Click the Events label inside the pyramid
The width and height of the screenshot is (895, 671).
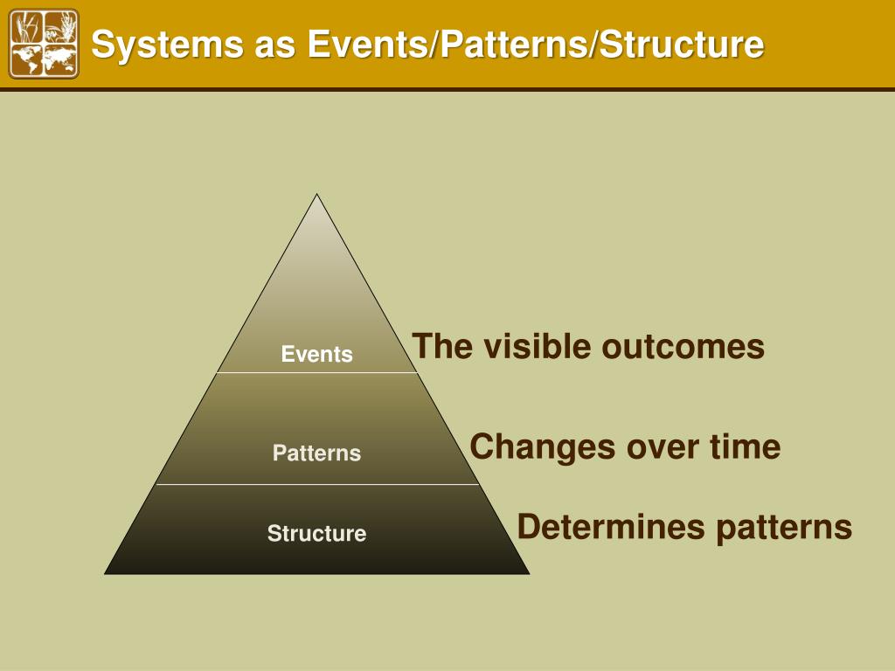click(317, 354)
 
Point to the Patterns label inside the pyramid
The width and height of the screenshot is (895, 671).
click(316, 453)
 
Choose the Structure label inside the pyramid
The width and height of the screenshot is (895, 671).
click(316, 533)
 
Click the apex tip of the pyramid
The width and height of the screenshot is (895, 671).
click(317, 195)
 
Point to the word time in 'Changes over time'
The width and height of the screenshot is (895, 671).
click(745, 446)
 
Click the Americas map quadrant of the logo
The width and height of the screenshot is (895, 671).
click(28, 59)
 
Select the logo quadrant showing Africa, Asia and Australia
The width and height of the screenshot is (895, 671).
click(60, 59)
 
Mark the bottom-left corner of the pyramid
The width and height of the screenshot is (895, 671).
click(106, 573)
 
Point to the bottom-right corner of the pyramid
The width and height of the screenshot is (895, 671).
click(529, 573)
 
